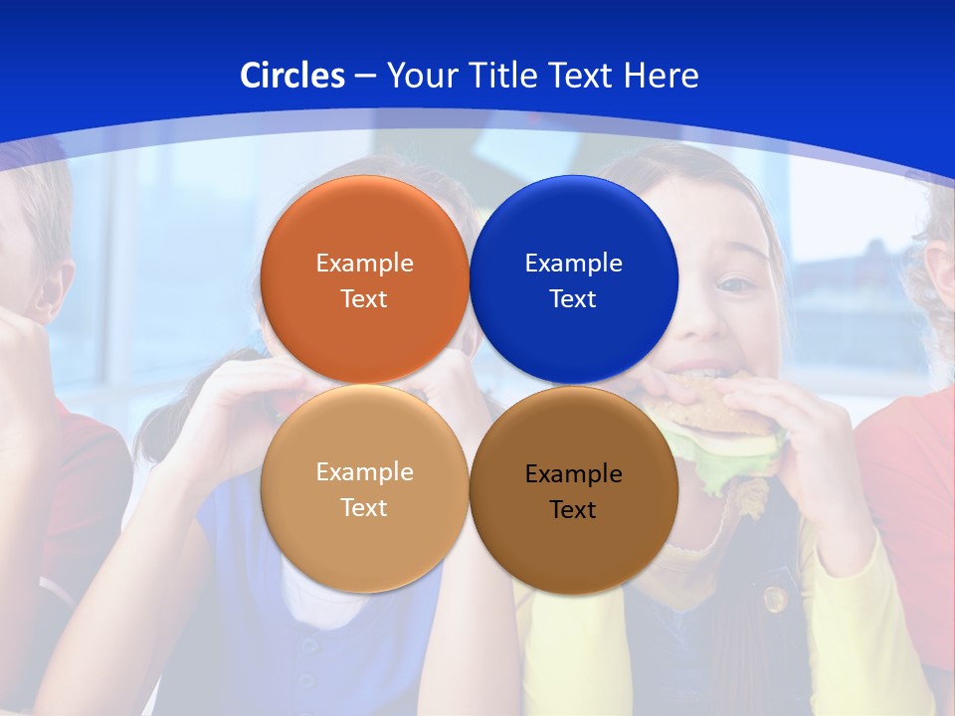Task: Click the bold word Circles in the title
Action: (292, 76)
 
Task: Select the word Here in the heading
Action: (662, 76)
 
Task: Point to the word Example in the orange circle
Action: (364, 264)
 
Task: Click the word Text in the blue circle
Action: (573, 299)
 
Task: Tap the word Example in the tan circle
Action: (364, 472)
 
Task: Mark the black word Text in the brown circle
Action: (573, 510)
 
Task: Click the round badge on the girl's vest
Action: (775, 599)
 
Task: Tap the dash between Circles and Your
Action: (365, 77)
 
